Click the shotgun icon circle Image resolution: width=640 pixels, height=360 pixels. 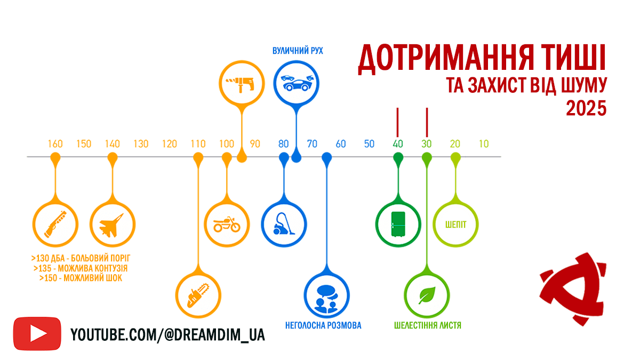pyautogui.click(x=55, y=223)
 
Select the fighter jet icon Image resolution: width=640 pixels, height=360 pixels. pyautogui.click(x=112, y=223)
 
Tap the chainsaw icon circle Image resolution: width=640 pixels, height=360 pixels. pyautogui.click(x=198, y=295)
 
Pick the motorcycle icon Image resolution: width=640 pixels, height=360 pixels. pyautogui.click(x=227, y=223)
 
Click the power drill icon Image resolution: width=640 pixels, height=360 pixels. pyautogui.click(x=242, y=83)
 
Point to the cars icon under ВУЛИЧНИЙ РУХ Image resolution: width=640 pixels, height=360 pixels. pyautogui.click(x=297, y=82)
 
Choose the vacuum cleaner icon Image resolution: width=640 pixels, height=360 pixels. pyautogui.click(x=284, y=223)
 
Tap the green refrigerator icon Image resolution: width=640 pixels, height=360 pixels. pyautogui.click(x=398, y=223)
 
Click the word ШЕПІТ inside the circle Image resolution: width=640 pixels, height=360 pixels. pyautogui.click(x=456, y=224)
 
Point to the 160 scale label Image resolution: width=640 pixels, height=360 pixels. pyautogui.click(x=55, y=144)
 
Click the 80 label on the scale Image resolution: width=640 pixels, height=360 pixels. pyautogui.click(x=284, y=144)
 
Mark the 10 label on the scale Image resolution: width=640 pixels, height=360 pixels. pyautogui.click(x=484, y=144)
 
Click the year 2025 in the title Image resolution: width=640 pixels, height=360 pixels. pyautogui.click(x=586, y=108)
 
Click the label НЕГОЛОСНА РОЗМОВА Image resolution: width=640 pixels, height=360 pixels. pyautogui.click(x=323, y=325)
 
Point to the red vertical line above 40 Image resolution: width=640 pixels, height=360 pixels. pyautogui.click(x=398, y=122)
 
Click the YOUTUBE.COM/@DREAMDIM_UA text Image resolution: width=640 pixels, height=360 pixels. pyautogui.click(x=167, y=334)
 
